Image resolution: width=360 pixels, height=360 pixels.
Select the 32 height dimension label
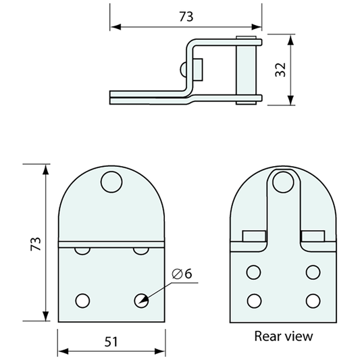point(282,69)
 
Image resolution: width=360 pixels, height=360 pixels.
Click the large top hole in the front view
point(111,182)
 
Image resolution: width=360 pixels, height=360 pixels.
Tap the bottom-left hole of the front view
point(82,299)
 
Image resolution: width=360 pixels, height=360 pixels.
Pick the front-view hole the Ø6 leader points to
point(141,299)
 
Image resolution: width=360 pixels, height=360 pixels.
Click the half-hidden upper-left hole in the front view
point(82,250)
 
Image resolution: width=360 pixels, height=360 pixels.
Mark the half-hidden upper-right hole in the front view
point(141,250)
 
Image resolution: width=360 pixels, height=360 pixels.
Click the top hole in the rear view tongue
point(283,182)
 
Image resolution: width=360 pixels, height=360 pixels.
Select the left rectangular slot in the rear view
point(253,236)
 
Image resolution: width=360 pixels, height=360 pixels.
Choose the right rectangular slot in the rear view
point(312,236)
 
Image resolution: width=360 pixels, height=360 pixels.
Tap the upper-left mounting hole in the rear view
point(254,272)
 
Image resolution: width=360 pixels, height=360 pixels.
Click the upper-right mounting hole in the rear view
point(312,272)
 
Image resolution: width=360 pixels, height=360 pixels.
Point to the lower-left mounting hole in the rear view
point(254,299)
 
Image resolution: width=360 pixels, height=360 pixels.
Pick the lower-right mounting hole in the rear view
point(312,299)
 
